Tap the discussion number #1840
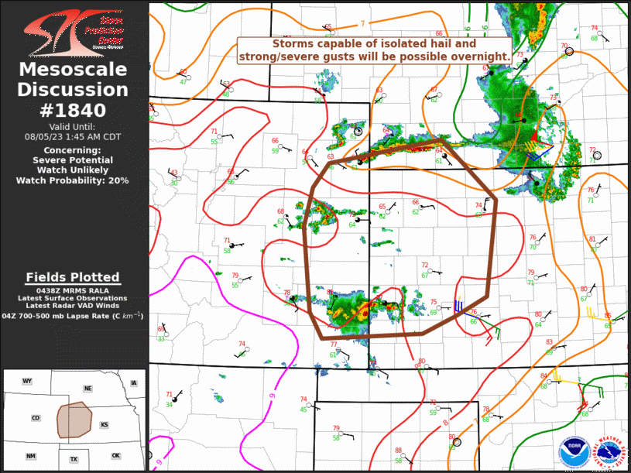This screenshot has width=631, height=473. coord(74,110)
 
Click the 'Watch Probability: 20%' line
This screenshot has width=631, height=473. coord(74,180)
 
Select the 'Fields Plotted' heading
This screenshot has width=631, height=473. coord(74,277)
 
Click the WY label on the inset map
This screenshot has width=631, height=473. coord(27,382)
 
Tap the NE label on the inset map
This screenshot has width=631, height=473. coord(88,388)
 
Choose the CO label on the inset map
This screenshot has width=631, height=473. coord(36,418)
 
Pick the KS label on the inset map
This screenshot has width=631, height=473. coord(105,424)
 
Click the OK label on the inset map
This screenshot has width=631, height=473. coord(115,455)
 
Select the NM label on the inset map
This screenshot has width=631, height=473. coord(30,457)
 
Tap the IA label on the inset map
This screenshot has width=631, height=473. coord(134,382)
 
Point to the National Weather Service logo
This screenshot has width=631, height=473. coord(607,451)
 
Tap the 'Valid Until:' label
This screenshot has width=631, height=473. coord(74,126)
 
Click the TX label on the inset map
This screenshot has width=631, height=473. coord(74,459)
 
